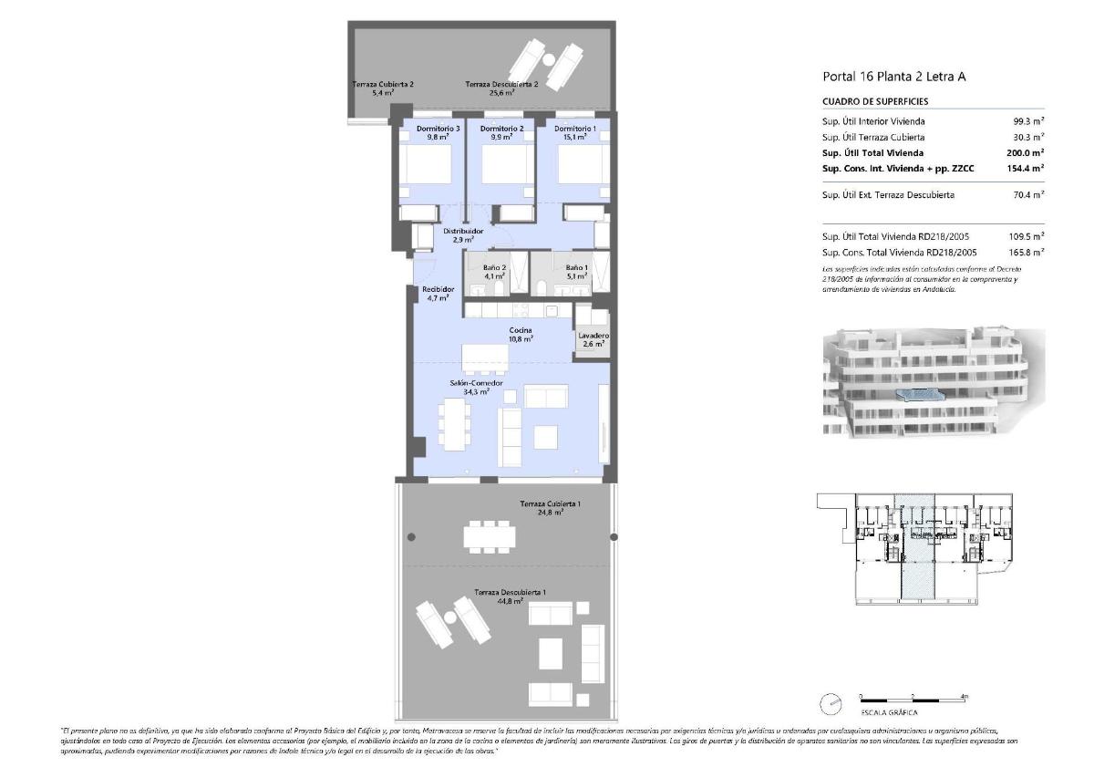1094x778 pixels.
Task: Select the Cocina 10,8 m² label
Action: coord(521,335)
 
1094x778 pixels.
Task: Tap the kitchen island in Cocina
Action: coord(484,358)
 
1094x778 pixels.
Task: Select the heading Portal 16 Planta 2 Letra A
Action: coord(893,77)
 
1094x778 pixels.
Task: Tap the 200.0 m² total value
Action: coord(1027,153)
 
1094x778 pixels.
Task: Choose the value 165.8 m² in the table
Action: coord(1027,252)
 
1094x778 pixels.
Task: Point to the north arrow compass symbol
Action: coord(831,704)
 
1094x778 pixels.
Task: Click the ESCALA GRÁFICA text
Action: coord(889,712)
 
